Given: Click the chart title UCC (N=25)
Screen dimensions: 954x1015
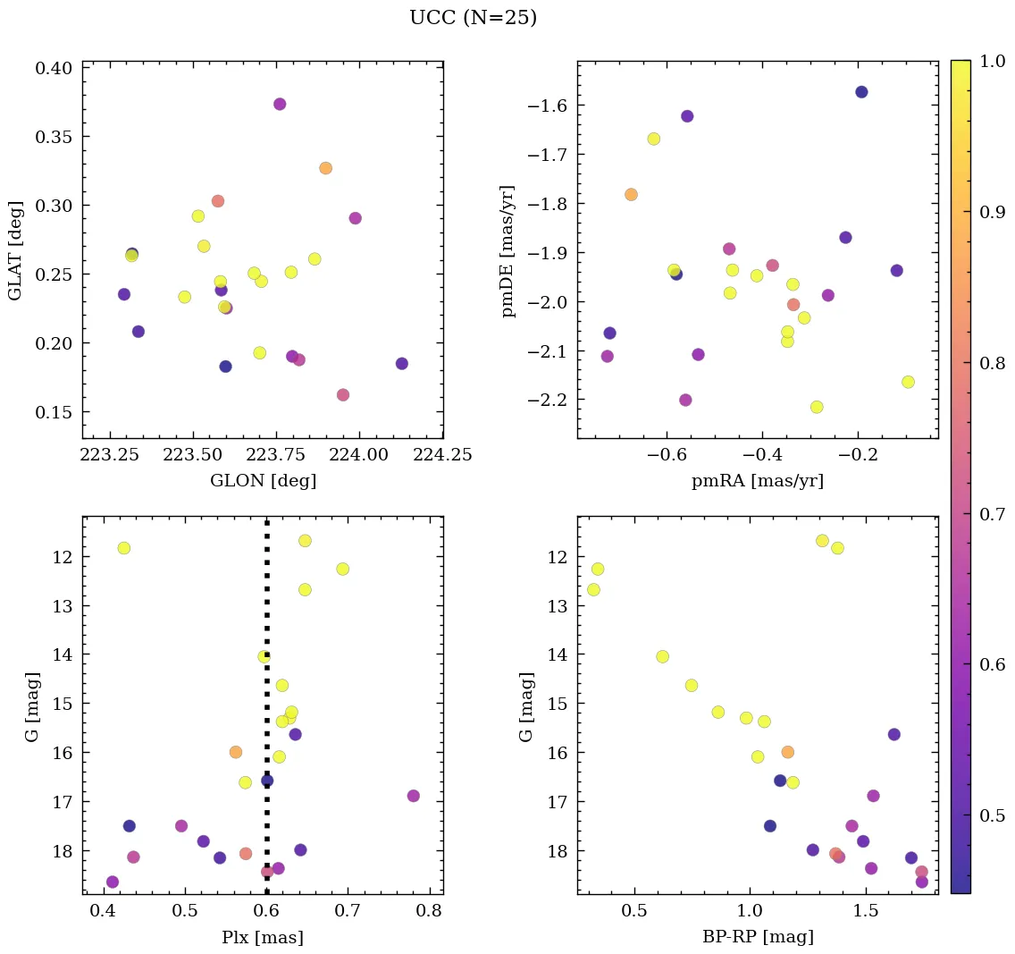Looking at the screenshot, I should coord(473,18).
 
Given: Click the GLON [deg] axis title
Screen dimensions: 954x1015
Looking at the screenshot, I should coord(263,481).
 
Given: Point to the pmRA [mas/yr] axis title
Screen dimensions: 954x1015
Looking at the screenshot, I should coord(758,481).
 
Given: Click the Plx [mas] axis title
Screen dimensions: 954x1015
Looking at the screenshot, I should coord(263,937).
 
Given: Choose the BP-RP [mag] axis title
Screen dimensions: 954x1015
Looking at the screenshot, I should coord(758,937).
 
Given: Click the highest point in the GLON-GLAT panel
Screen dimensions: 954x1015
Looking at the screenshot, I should coord(280,104).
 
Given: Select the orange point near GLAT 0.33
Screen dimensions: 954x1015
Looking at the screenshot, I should coord(325,168).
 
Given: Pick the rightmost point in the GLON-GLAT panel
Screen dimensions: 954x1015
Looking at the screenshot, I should coord(402,364).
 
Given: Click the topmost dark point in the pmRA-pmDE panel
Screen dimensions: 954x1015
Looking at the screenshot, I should coord(861,92).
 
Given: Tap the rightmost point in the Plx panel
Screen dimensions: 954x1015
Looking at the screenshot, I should coord(413,796).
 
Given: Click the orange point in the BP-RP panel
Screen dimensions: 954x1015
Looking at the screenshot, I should coord(787,752).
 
